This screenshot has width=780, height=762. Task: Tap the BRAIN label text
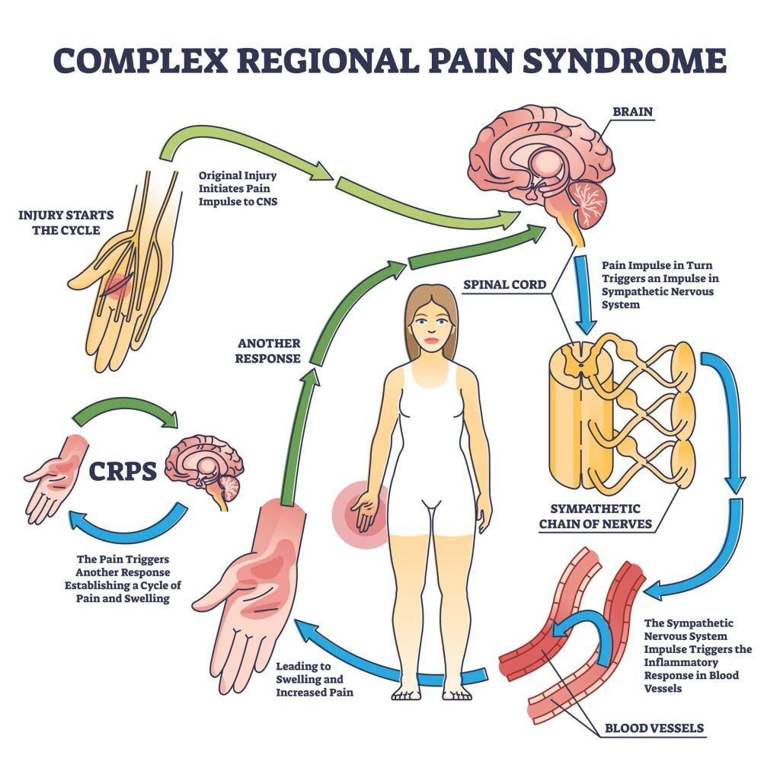[x=632, y=111]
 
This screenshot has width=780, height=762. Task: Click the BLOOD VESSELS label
[x=654, y=728]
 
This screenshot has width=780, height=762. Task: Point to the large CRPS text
[x=123, y=471]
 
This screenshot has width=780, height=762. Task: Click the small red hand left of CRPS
[x=53, y=476]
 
